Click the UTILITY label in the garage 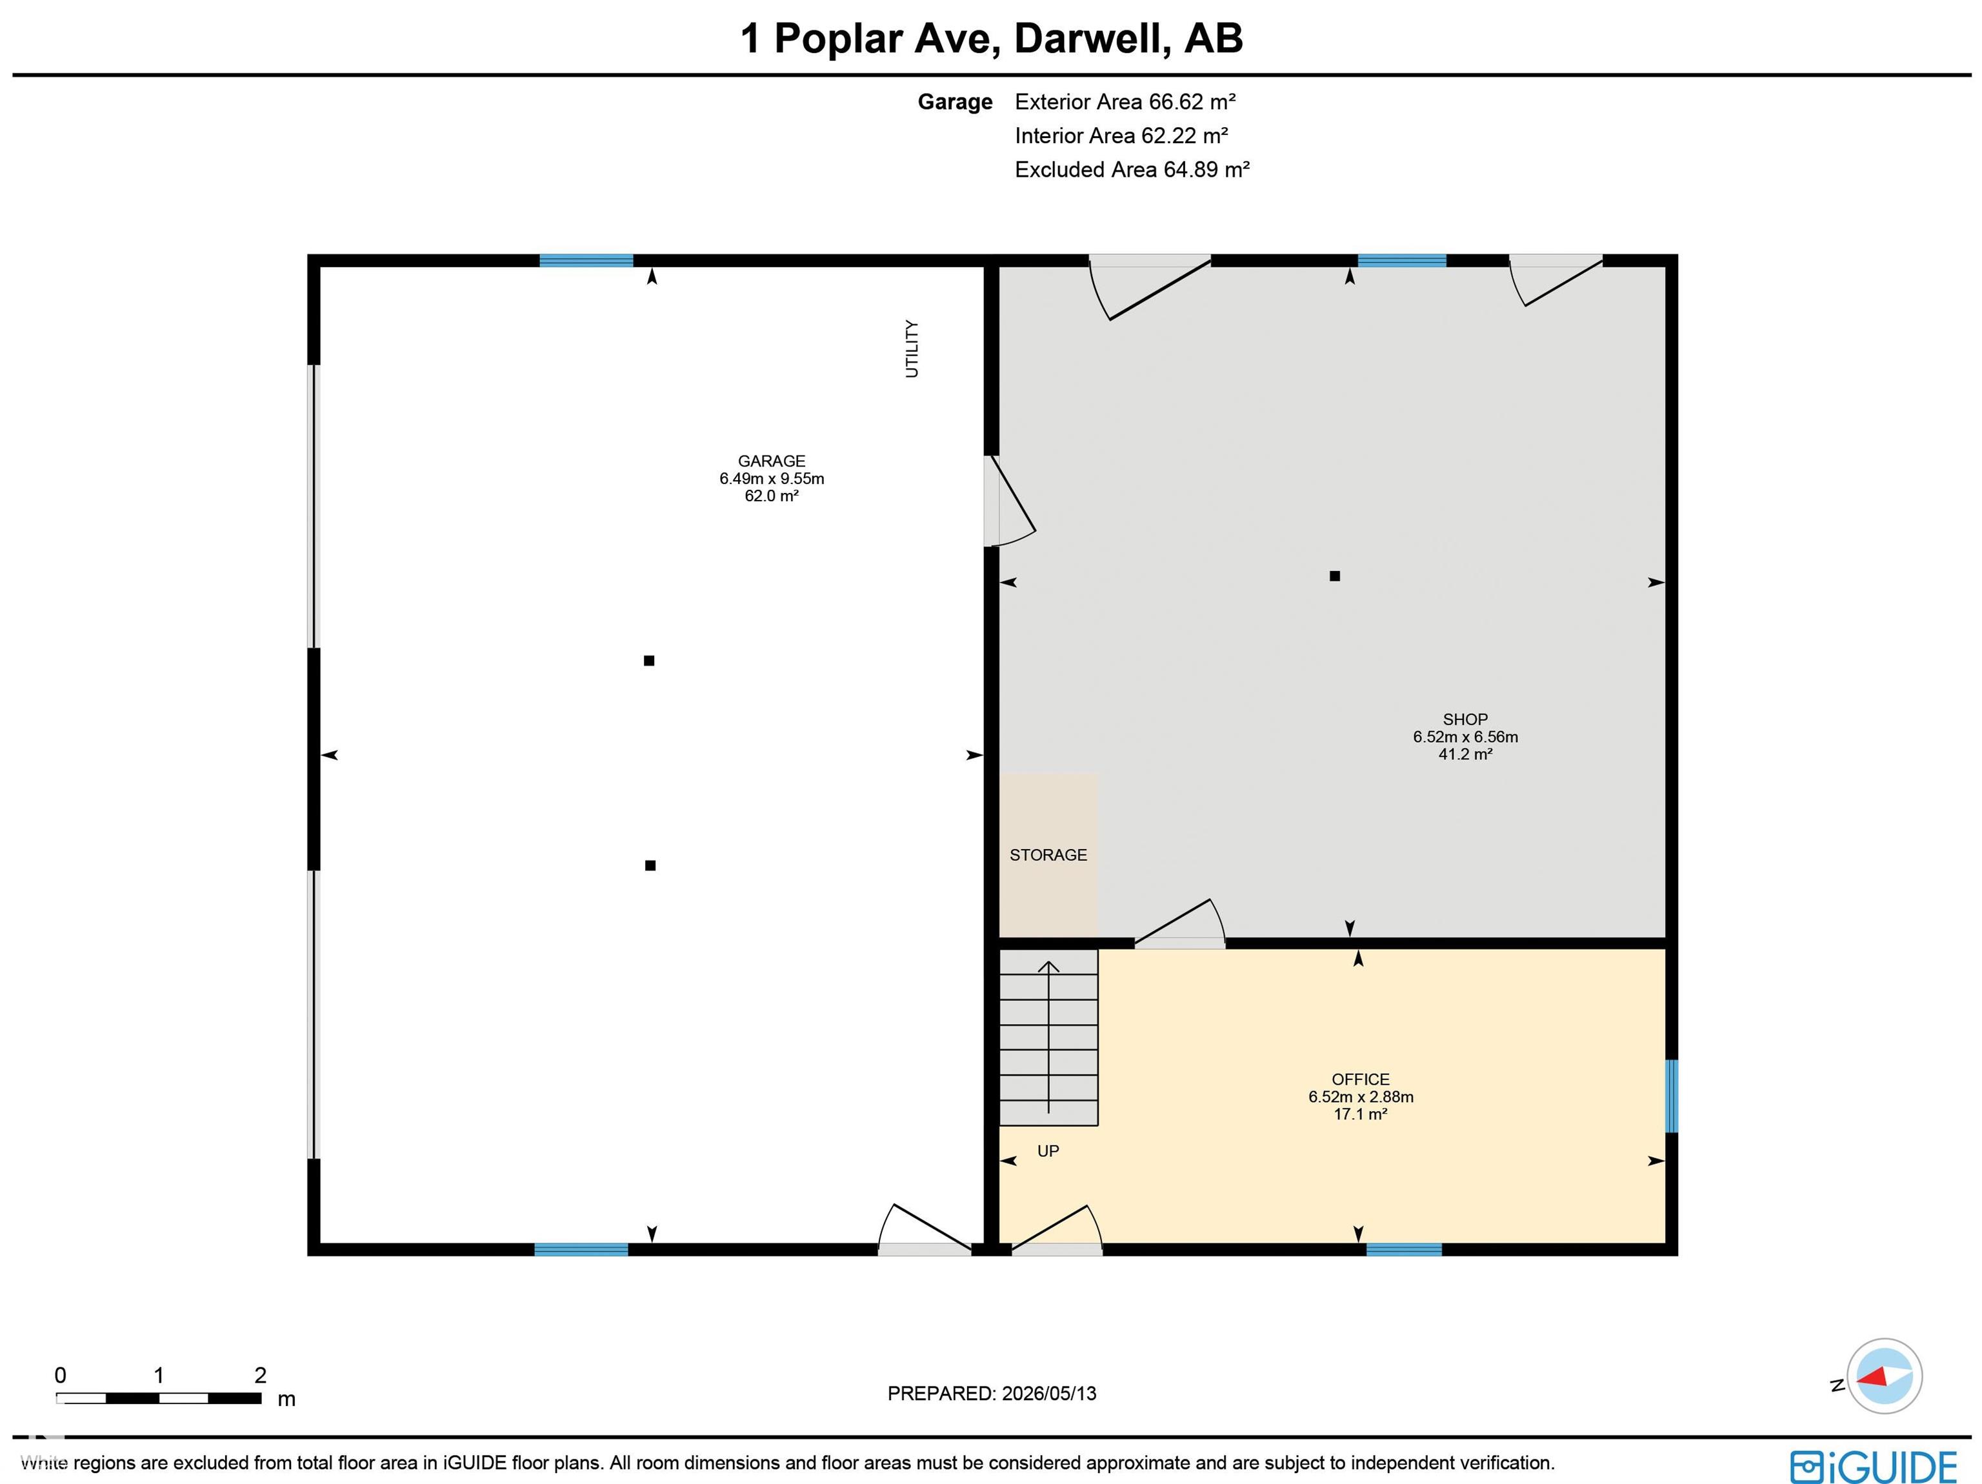click(912, 348)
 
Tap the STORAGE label click(1048, 855)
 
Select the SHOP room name click(1465, 719)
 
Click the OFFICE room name click(1360, 1080)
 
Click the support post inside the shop click(1334, 576)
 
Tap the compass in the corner click(1885, 1376)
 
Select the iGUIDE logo click(1874, 1467)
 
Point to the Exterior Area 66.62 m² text click(1125, 102)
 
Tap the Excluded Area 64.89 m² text click(1132, 169)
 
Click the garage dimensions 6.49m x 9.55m click(772, 479)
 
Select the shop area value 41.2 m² click(1465, 754)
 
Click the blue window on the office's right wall click(1671, 1096)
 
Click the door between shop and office click(1180, 923)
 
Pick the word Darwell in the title click(1092, 39)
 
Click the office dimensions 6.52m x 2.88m click(1360, 1097)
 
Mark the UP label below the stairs click(1048, 1150)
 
